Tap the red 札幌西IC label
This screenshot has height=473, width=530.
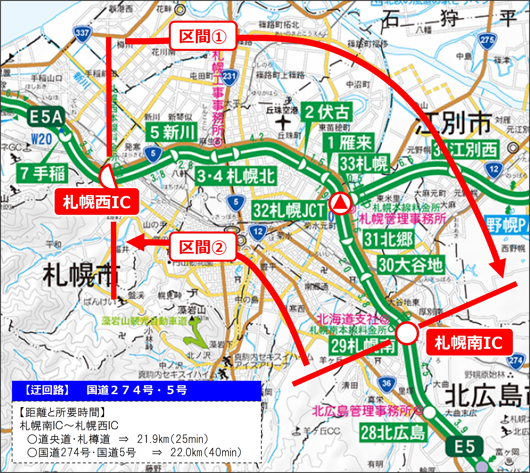click(97, 202)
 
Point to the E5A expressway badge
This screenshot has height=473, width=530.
click(46, 117)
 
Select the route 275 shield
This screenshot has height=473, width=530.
click(487, 40)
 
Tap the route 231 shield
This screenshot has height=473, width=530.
click(229, 77)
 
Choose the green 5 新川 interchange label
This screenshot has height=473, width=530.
click(171, 132)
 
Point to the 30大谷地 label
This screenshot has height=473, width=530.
click(410, 265)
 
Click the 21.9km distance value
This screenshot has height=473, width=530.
click(151, 439)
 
